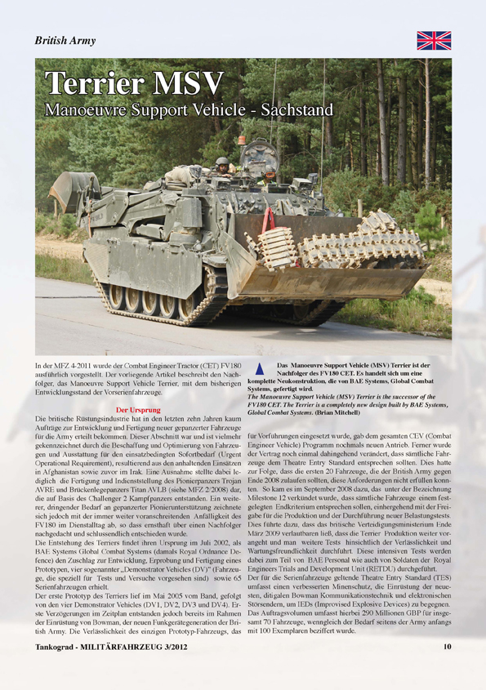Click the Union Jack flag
(434, 40)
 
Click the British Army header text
(65, 41)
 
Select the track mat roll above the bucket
(359, 241)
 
